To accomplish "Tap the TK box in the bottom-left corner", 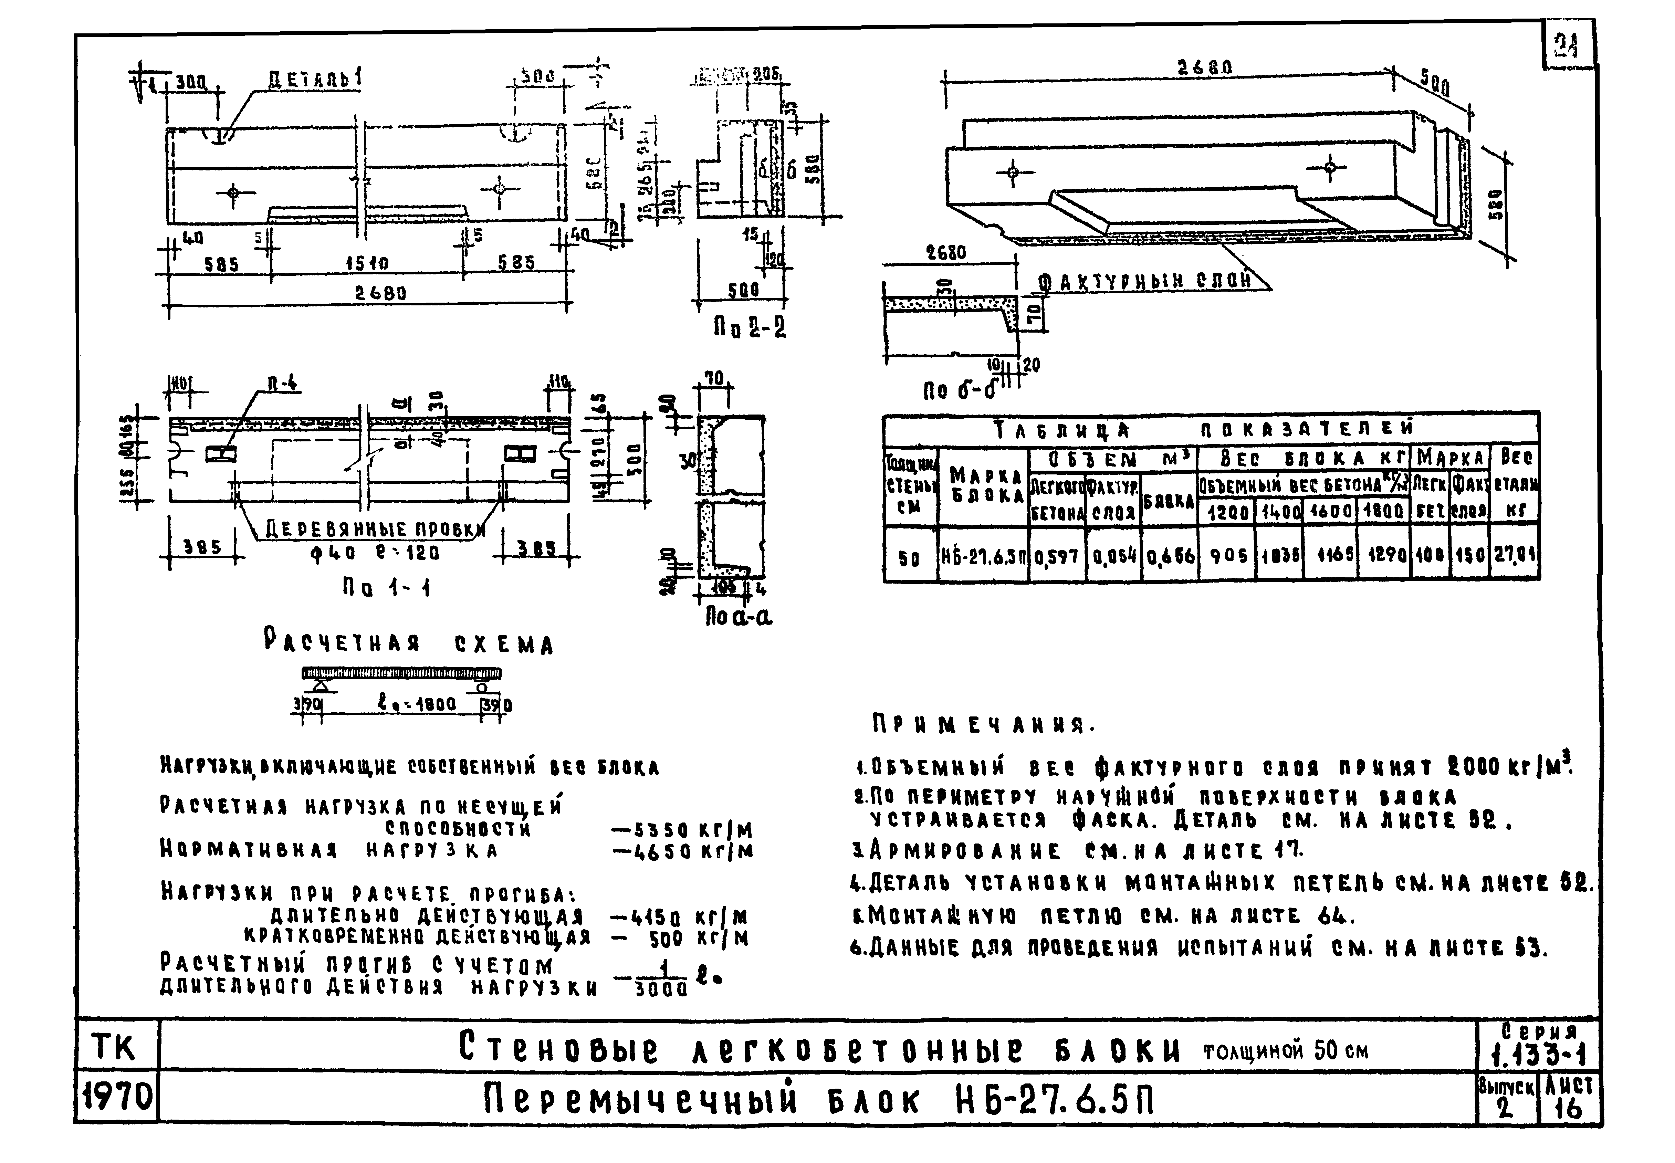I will (x=115, y=1046).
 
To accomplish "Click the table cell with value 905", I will (x=1227, y=557).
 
